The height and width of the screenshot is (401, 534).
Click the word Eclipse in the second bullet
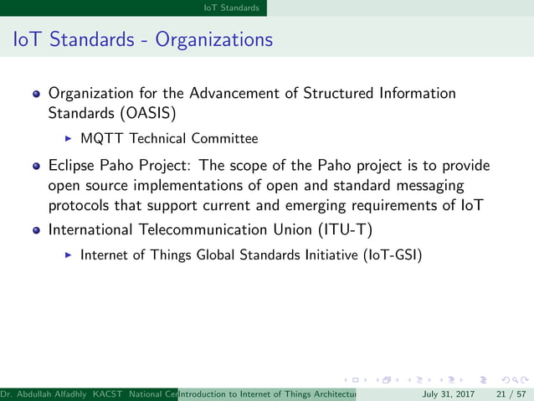click(71, 166)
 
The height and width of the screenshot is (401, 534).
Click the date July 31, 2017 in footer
click(449, 393)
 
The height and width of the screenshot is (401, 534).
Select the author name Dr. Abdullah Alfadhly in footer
click(45, 393)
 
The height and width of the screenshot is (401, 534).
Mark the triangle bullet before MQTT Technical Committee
click(69, 138)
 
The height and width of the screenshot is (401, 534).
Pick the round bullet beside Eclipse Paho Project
click(37, 166)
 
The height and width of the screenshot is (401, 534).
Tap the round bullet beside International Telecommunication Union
click(37, 229)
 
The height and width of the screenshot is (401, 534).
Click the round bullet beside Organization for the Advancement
click(37, 94)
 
